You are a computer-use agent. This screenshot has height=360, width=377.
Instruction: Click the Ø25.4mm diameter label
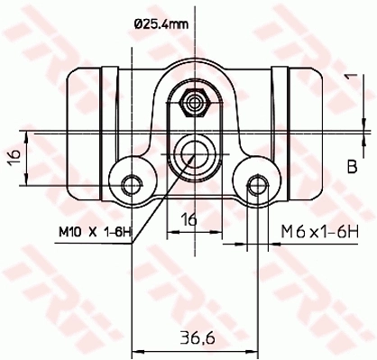(162, 24)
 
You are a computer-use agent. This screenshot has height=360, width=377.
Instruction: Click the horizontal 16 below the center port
(190, 219)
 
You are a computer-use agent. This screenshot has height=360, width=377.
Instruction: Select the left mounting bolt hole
(133, 185)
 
